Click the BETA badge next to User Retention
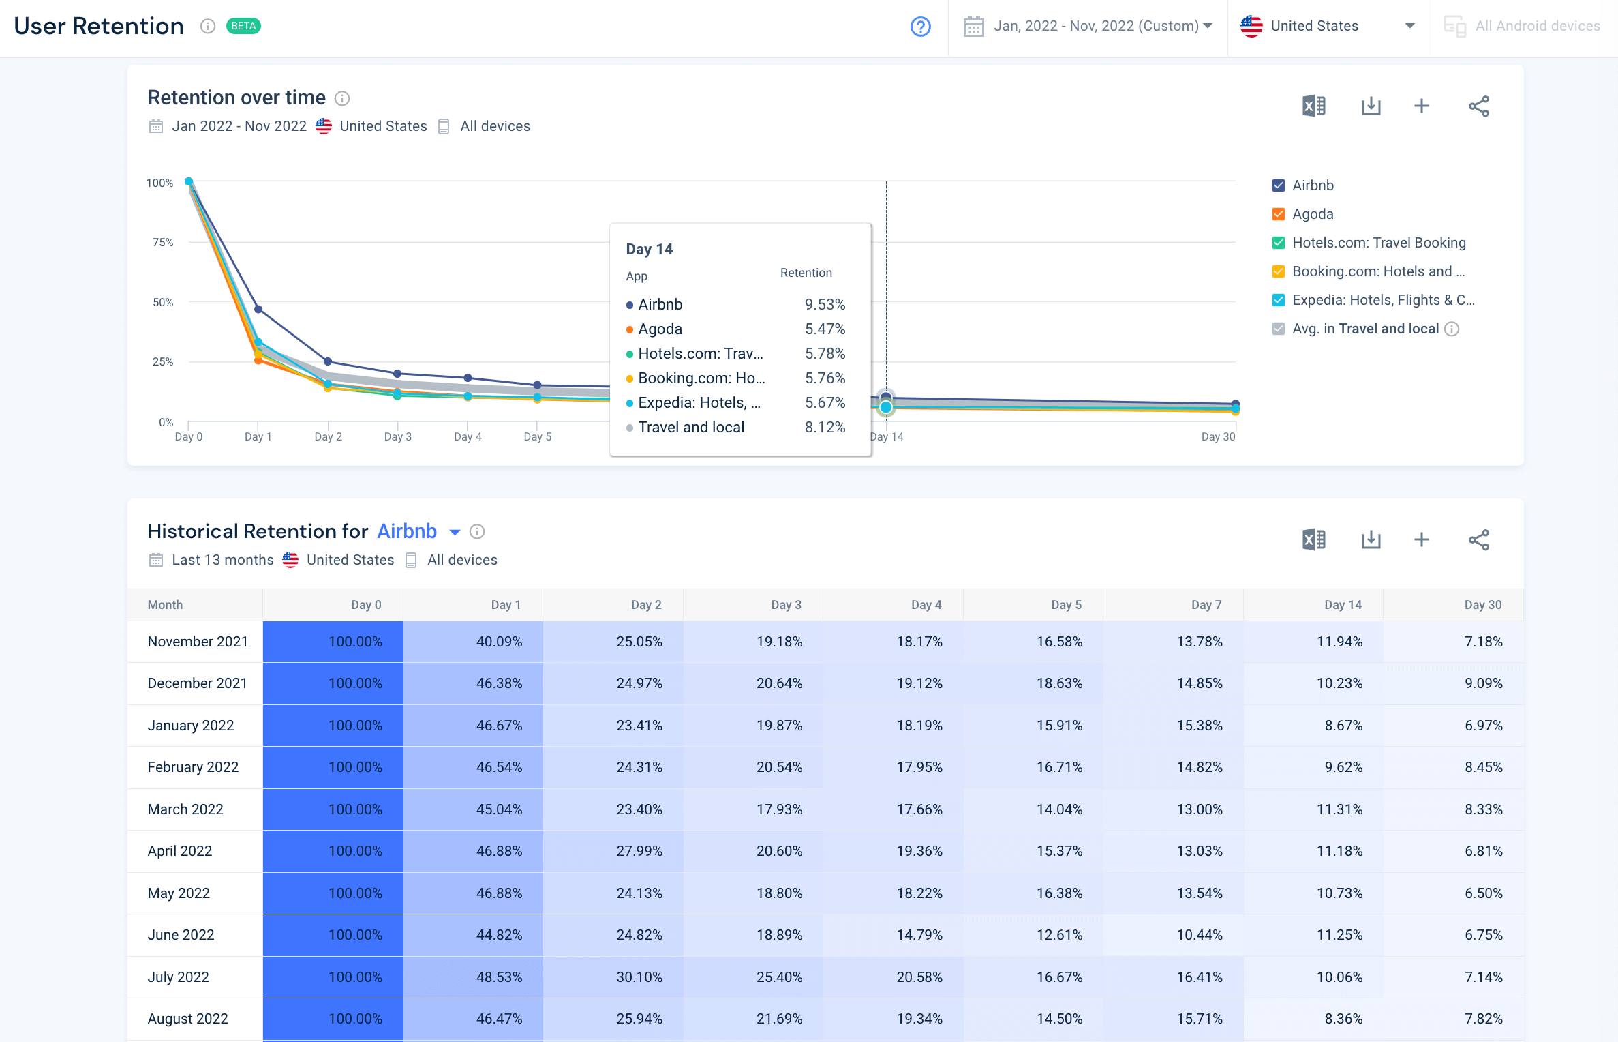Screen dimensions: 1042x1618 point(243,26)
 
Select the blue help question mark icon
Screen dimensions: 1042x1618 point(920,27)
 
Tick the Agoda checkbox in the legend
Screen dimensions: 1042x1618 point(1279,214)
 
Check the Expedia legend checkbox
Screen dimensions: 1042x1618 point(1279,300)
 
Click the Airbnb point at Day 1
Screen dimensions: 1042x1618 point(258,309)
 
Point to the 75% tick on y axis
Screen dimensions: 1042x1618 point(163,242)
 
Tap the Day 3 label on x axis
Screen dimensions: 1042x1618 point(397,436)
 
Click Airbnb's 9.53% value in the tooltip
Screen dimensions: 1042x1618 point(825,304)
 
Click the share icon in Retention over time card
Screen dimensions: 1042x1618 point(1478,106)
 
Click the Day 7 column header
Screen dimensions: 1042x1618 point(1206,605)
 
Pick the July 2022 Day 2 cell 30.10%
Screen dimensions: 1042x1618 point(639,977)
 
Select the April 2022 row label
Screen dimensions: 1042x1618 point(180,851)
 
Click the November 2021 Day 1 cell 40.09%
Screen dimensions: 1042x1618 point(499,642)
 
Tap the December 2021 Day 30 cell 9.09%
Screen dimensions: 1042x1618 point(1483,683)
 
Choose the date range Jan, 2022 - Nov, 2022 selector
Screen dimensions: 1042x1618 point(1088,27)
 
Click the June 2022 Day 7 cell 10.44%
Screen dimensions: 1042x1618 point(1199,935)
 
